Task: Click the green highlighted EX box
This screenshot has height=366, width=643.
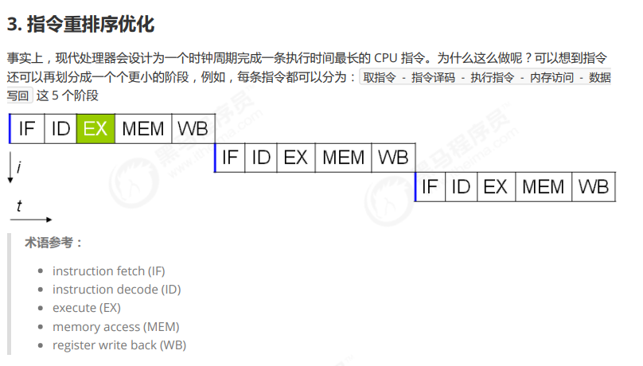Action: pos(95,128)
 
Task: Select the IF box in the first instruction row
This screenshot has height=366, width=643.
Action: pos(27,128)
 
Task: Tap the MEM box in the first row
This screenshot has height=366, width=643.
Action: pos(143,128)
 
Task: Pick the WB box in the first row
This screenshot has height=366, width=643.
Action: pos(193,128)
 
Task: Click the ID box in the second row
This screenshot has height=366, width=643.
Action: pos(261,158)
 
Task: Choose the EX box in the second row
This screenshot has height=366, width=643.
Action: pos(295,158)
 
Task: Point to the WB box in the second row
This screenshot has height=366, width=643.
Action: pos(392,158)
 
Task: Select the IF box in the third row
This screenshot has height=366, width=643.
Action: pos(430,187)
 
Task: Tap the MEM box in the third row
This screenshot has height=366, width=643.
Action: pos(544,187)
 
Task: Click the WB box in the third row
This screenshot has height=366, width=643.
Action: pos(593,187)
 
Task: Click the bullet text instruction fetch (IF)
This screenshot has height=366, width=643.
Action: pos(109,271)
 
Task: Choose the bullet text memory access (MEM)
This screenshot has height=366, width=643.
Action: pos(116,326)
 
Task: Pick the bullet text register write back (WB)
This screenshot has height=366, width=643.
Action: pos(119,345)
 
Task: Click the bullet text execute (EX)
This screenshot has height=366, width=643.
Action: pos(87,308)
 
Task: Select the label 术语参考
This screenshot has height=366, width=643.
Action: pos(53,243)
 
